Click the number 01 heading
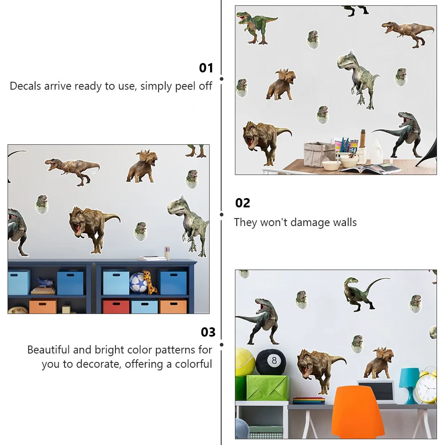pyautogui.click(x=206, y=68)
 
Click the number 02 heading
pyautogui.click(x=242, y=203)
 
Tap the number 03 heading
pyautogui.click(x=208, y=332)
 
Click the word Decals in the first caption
pyautogui.click(x=25, y=86)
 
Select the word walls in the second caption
pyautogui.click(x=345, y=222)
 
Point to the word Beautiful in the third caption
pyautogui.click(x=48, y=350)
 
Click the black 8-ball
pyautogui.click(x=271, y=362)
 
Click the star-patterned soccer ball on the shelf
pyautogui.click(x=138, y=282)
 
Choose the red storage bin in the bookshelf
pyautogui.click(x=116, y=307)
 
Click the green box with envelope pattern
pyautogui.click(x=267, y=388)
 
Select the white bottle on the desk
pyautogui.click(x=377, y=151)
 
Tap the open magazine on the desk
pyautogui.click(x=370, y=168)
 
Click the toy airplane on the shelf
pyautogui.click(x=45, y=282)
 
